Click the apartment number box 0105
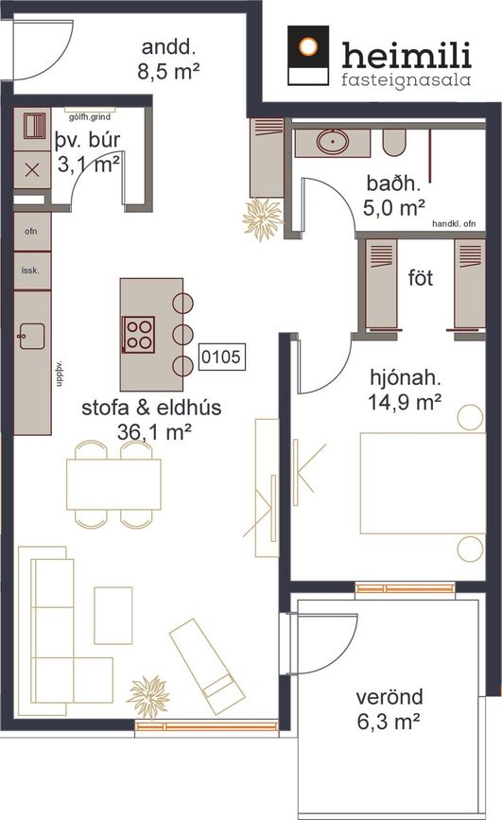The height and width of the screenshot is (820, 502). coord(222,358)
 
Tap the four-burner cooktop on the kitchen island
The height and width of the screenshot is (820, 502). coord(139,335)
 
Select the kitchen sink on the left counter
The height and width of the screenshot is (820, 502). coord(31,337)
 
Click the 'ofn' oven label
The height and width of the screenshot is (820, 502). coord(31,231)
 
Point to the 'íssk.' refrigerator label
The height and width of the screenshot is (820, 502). coord(30,270)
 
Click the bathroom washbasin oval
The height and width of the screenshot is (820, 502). coord(333,141)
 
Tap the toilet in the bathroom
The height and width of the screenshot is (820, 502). coord(395,143)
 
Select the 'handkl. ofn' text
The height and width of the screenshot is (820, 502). coord(454,223)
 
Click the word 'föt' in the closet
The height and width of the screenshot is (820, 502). coord(421,278)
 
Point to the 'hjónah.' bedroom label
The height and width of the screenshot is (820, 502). coord(406,377)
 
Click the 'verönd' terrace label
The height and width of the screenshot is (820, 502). coord(389,697)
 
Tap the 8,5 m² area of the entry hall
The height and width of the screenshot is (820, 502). coord(168,71)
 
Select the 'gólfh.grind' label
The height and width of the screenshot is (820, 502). coord(90,116)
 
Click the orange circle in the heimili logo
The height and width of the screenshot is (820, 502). coord(308,46)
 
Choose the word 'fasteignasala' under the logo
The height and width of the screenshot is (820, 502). coord(406,80)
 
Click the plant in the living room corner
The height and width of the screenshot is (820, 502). coord(148,697)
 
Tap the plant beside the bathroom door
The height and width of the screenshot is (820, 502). coord(262,219)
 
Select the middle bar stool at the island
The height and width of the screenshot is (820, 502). coord(183,334)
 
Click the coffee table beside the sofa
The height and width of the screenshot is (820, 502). coord(113,616)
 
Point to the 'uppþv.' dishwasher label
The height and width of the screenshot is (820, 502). coord(59,374)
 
